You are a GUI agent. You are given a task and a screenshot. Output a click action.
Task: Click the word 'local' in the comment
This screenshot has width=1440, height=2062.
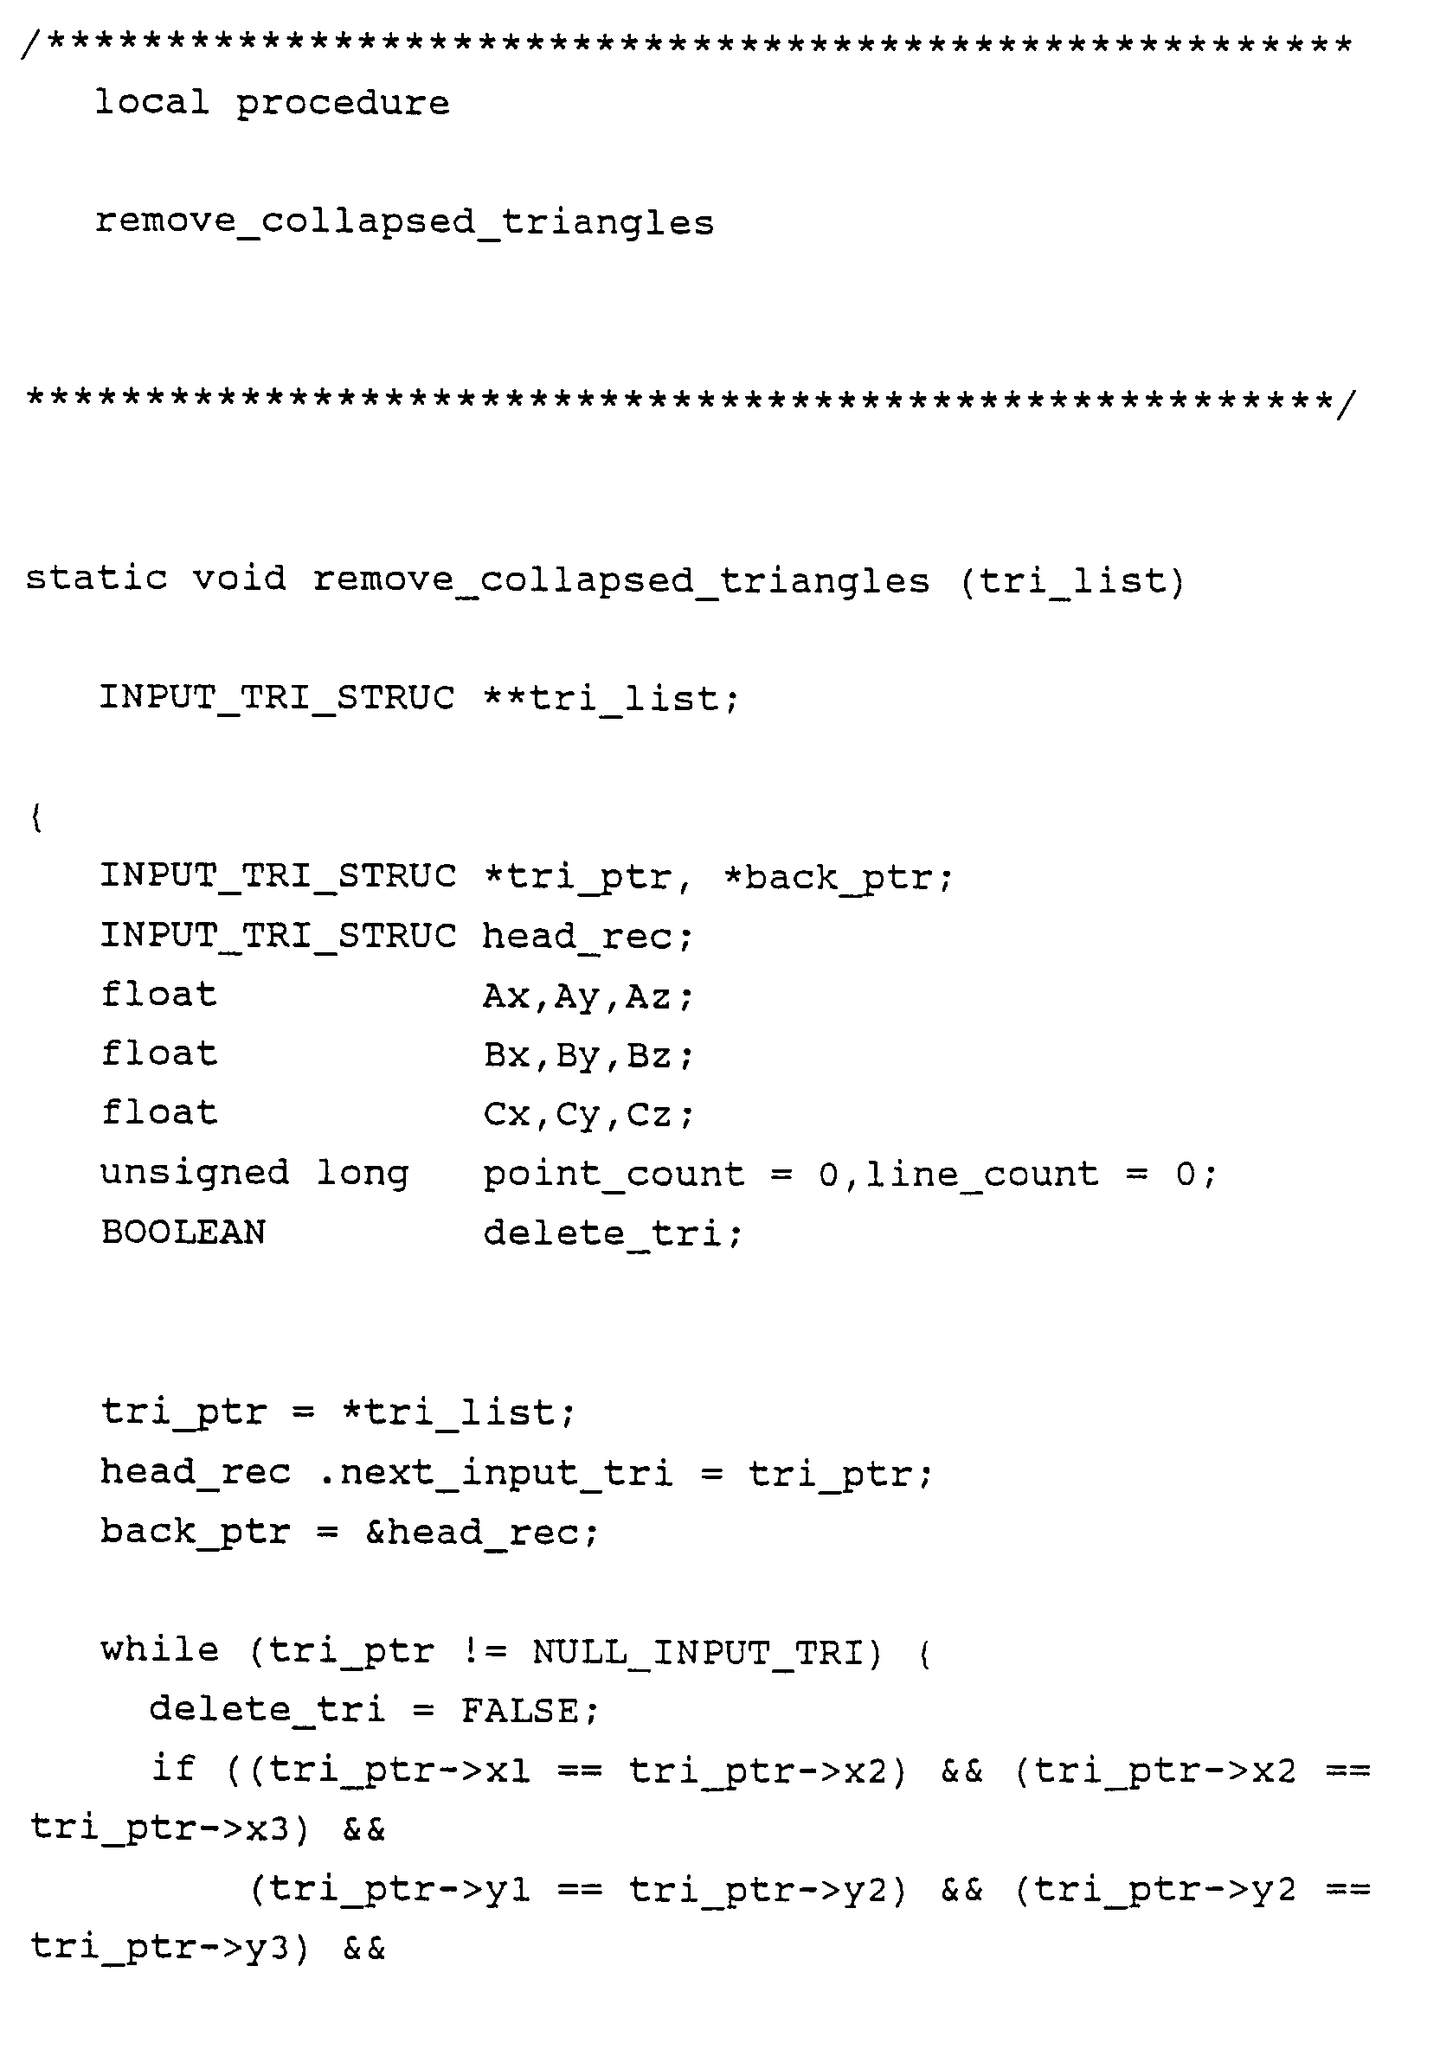(151, 102)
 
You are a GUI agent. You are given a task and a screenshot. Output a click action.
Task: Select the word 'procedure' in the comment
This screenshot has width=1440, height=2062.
(342, 104)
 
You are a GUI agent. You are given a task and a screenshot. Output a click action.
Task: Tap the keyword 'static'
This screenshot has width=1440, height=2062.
(96, 578)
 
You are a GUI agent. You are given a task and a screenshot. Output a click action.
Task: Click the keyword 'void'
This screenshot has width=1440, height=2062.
(240, 578)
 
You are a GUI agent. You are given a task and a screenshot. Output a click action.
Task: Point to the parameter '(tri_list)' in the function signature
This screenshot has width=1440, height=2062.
(1072, 581)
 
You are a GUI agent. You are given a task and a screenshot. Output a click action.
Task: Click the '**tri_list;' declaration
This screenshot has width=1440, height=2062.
(611, 698)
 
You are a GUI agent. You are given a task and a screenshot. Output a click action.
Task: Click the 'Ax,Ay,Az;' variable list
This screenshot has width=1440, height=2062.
(588, 996)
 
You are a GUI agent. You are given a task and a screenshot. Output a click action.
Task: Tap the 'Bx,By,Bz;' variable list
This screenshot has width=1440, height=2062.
(588, 1055)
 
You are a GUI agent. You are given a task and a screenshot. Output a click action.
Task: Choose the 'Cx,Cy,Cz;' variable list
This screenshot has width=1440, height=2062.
(588, 1115)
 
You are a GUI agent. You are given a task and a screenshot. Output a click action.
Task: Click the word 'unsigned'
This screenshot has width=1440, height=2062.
(194, 1173)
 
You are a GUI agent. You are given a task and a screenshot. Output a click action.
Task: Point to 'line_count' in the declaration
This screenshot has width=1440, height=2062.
(982, 1174)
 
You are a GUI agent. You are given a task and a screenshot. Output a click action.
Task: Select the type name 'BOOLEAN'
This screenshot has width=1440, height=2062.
(183, 1233)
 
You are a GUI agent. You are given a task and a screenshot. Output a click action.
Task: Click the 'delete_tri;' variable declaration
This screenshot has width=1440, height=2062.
(613, 1233)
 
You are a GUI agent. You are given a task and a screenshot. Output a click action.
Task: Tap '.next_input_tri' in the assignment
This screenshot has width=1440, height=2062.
(495, 1473)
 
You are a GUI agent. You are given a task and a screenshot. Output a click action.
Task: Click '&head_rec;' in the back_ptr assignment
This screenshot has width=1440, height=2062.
(480, 1532)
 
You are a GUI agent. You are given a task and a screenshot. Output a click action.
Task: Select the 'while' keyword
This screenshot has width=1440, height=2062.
(159, 1649)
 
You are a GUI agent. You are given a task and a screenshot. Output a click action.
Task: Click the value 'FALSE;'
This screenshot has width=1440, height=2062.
(528, 1710)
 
